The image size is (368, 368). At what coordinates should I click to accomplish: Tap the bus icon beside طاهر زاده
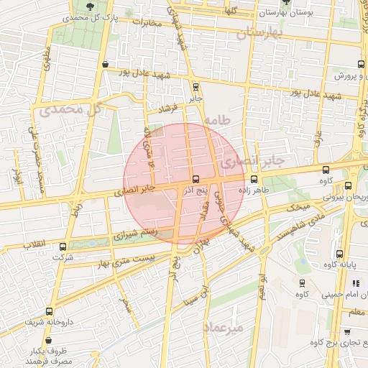point(254,180)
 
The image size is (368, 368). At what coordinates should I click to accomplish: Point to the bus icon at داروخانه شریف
point(49,311)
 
